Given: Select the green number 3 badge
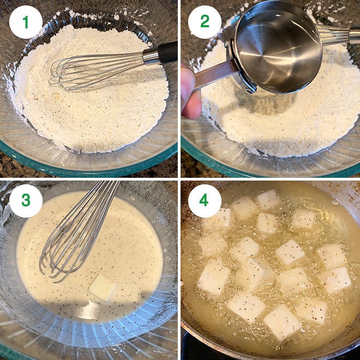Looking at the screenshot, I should tap(26, 201).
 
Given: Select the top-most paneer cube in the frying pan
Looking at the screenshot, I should tap(268, 199).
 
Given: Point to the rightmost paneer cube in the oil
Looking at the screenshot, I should tap(335, 279).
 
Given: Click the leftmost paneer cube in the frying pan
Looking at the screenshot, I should tap(213, 278).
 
